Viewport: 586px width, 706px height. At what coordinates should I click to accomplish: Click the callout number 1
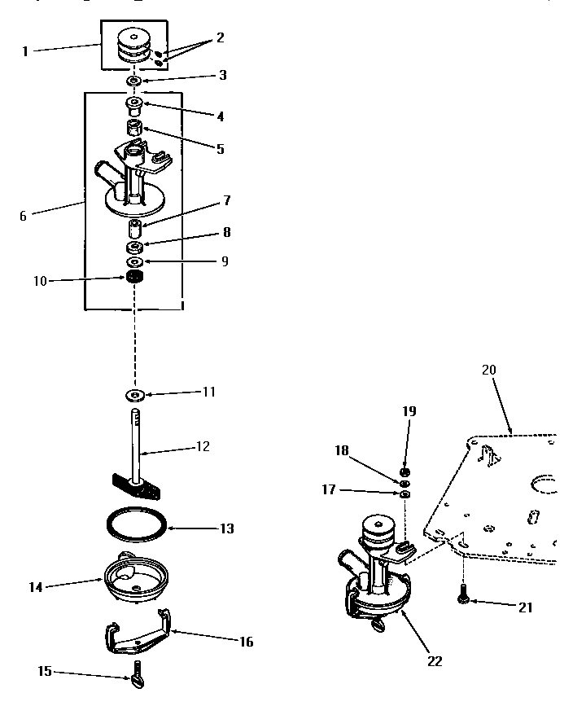(x=25, y=50)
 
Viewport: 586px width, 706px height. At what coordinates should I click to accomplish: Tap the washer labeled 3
(x=135, y=82)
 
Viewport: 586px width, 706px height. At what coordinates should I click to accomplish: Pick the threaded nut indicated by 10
(x=135, y=278)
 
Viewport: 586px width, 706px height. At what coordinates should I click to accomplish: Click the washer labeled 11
(x=135, y=396)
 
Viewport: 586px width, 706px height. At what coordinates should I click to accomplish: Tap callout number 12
(x=203, y=446)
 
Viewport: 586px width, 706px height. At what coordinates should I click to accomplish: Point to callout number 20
(x=488, y=370)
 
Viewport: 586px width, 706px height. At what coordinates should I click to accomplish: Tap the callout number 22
(x=435, y=661)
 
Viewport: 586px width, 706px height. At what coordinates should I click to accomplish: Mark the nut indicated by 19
(x=405, y=472)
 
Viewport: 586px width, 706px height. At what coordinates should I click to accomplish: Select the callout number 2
(x=221, y=37)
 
